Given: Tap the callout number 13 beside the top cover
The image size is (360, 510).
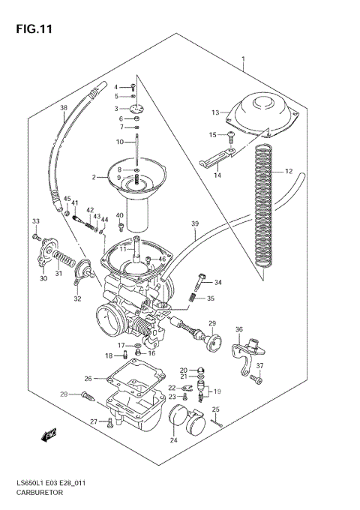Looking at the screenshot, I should [x=214, y=112].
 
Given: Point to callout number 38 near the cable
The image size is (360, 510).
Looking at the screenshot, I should [x=64, y=108].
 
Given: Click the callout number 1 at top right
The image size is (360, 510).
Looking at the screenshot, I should [x=243, y=58].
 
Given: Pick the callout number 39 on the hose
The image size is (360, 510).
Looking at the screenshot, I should [x=195, y=224].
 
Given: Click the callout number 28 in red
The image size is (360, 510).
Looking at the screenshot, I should [x=64, y=394].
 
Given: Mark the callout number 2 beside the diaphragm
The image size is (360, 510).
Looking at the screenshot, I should [x=94, y=178].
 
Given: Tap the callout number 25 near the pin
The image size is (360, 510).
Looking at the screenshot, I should [x=216, y=409].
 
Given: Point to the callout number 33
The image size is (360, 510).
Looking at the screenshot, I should [x=34, y=221].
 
